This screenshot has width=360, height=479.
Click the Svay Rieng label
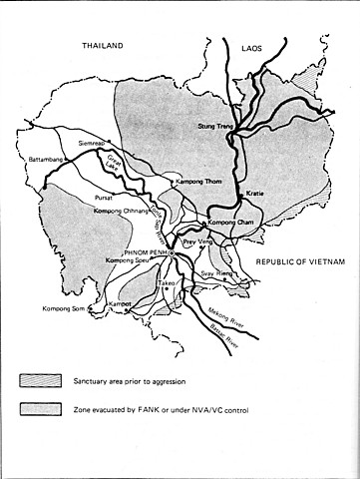(218, 272)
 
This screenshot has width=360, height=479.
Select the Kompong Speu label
(128, 261)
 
